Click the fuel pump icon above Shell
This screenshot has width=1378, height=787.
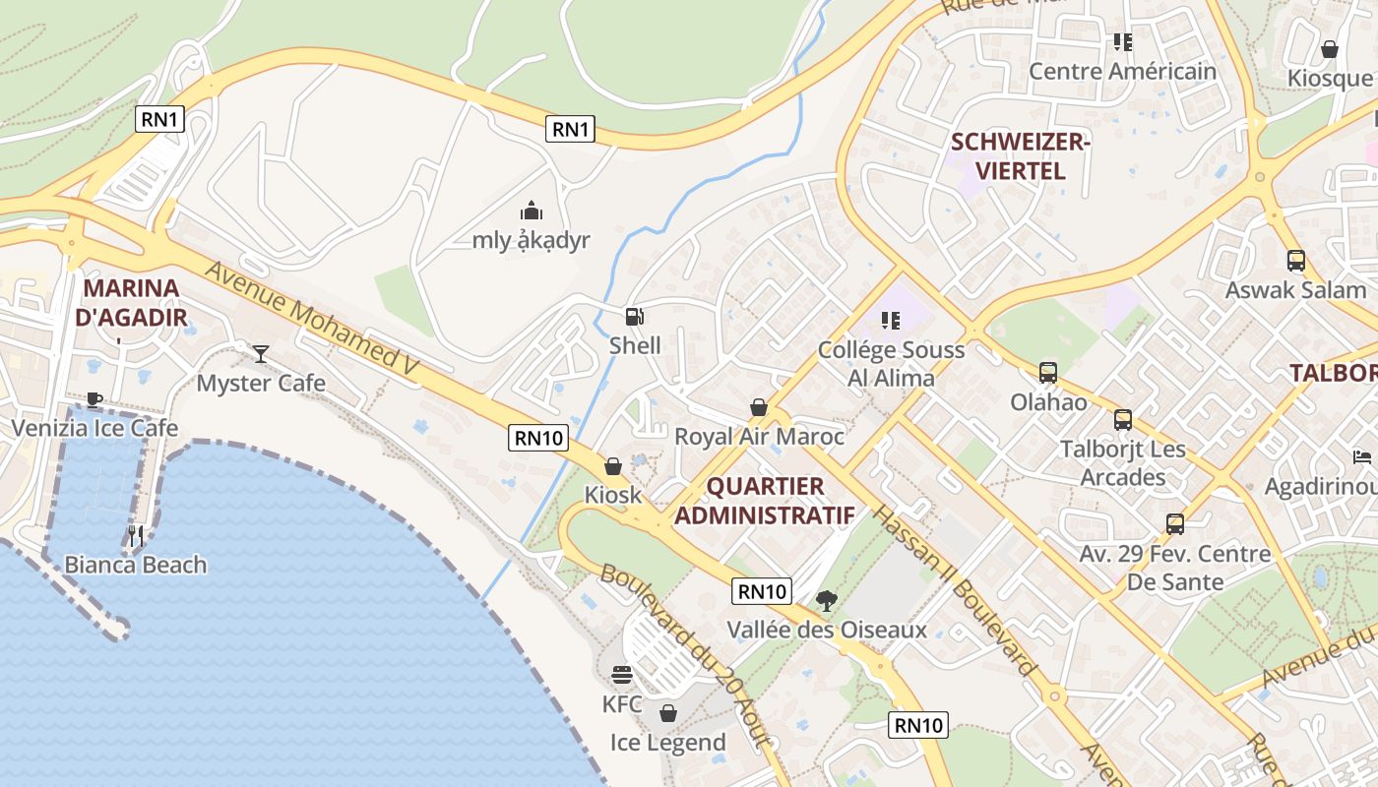[635, 317]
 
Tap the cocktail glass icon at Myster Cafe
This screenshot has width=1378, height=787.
[261, 353]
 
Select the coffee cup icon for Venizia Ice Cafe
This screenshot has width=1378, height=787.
[94, 398]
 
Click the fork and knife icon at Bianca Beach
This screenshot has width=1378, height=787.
[136, 536]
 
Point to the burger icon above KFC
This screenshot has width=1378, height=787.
[622, 675]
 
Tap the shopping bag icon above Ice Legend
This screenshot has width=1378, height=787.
[668, 713]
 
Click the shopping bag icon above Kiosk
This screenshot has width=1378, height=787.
[612, 466]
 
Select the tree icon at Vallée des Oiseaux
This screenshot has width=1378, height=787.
[827, 600]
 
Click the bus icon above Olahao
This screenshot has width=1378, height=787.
[1048, 373]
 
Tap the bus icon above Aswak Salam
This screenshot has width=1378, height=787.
[1296, 261]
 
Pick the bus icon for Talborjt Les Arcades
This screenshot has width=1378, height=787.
[1123, 420]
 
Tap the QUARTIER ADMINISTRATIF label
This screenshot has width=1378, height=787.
[765, 501]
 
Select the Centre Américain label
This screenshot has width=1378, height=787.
[1122, 72]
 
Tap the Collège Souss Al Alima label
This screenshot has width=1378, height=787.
[891, 363]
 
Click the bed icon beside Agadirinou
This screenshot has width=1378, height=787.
[1361, 457]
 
